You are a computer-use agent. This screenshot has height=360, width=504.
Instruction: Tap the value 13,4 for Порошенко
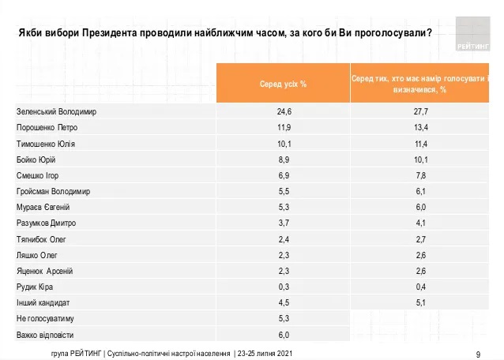(420, 128)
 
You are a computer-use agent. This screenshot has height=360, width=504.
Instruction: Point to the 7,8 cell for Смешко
(420, 175)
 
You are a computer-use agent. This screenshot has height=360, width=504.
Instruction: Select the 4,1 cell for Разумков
(420, 223)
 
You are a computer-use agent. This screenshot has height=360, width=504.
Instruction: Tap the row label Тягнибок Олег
(40, 239)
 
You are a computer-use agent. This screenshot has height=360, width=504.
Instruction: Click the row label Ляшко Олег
(36, 255)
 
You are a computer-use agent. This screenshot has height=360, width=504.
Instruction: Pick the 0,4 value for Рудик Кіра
(420, 287)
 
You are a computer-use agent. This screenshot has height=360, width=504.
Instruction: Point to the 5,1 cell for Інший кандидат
(420, 302)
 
